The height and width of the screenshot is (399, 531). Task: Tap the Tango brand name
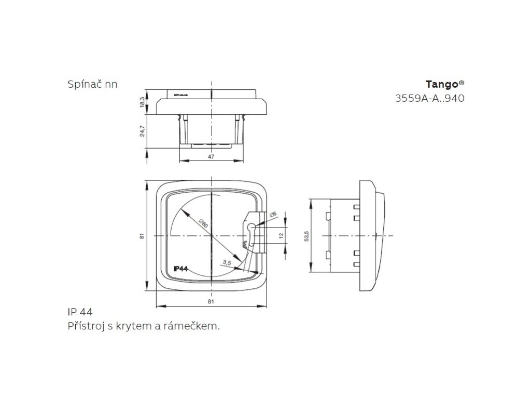[x=441, y=84]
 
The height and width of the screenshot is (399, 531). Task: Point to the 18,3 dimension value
[x=142, y=101]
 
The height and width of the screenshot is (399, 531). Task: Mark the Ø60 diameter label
[x=203, y=224]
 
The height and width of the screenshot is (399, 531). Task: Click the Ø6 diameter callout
[x=273, y=214]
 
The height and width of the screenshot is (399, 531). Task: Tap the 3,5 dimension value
[x=226, y=263]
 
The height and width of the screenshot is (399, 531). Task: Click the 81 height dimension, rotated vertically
[x=142, y=236]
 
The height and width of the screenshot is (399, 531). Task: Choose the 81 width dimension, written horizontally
[x=211, y=301]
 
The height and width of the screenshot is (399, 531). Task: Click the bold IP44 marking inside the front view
[x=180, y=269]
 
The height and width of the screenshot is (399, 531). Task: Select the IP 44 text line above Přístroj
[x=80, y=312]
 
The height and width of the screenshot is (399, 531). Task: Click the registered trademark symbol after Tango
[x=462, y=82]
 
